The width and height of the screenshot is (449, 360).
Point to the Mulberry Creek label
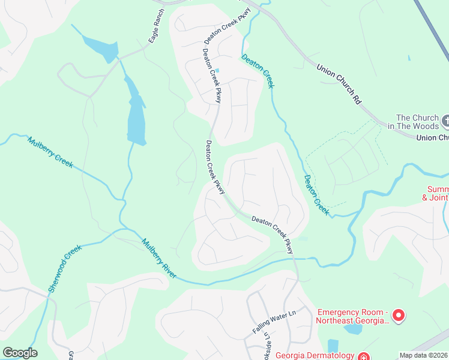tap(50, 152)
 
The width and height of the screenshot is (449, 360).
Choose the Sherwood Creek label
tap(64, 268)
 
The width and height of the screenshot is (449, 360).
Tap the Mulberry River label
tap(159, 259)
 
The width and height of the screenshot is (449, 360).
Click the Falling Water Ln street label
tap(275, 322)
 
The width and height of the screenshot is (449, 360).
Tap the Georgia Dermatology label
tap(315, 355)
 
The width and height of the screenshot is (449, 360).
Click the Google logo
tap(20, 353)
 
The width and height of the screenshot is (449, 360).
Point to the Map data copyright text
tap(424, 355)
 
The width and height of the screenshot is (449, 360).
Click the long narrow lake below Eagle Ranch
tap(136, 117)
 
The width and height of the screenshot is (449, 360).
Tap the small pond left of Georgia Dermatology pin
tap(333, 346)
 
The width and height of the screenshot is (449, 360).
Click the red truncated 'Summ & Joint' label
tap(435, 193)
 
